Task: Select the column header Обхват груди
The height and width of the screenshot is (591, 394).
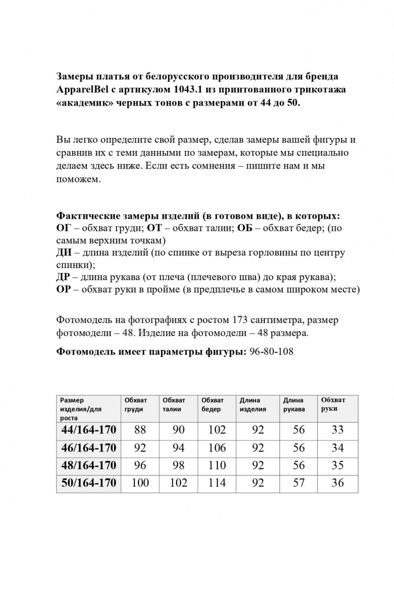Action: click(x=135, y=405)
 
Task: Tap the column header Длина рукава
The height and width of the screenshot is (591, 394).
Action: click(x=294, y=405)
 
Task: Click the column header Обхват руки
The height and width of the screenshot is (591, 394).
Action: click(x=333, y=404)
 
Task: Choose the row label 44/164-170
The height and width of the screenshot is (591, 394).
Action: click(x=88, y=430)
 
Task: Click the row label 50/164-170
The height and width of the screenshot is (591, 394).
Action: click(x=88, y=483)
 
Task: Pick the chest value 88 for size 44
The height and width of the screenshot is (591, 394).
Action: click(x=140, y=430)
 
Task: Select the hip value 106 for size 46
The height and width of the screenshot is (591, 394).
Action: click(x=217, y=448)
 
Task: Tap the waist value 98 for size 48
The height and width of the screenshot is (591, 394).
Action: click(x=178, y=465)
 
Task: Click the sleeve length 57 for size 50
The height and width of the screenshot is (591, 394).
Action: click(x=299, y=483)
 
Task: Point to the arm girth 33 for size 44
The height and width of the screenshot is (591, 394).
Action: click(x=338, y=430)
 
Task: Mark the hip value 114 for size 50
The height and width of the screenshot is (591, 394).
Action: click(x=217, y=483)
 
